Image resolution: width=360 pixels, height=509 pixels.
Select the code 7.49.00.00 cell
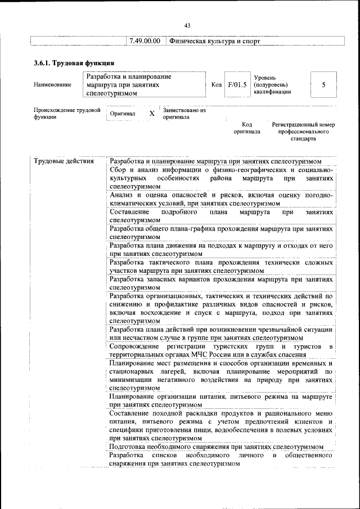145,41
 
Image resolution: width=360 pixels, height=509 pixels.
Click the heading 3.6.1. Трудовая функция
74,62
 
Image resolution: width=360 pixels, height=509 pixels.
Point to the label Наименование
53,85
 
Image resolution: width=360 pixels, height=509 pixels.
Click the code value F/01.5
237,84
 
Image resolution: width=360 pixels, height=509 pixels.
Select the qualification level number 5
323,84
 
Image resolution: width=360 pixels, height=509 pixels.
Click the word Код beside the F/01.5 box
216,84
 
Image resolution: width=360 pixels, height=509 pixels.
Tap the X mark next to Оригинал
151,114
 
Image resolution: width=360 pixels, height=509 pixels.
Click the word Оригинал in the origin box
123,114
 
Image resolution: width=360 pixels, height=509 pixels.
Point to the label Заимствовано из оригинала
184,114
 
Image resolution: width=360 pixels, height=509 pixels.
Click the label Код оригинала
247,128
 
